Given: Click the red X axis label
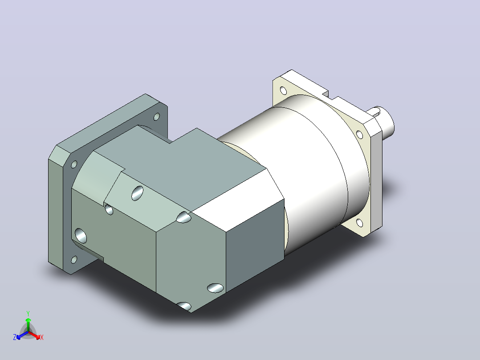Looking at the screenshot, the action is click(42, 337).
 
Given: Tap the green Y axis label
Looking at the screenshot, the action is click(28, 313).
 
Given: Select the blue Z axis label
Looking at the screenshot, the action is click(15, 337).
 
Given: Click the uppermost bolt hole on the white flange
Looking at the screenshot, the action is click(283, 91).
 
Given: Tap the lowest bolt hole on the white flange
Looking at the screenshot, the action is click(360, 223).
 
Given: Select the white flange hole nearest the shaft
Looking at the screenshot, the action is click(360, 135).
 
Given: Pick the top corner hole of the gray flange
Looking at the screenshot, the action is click(156, 117).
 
